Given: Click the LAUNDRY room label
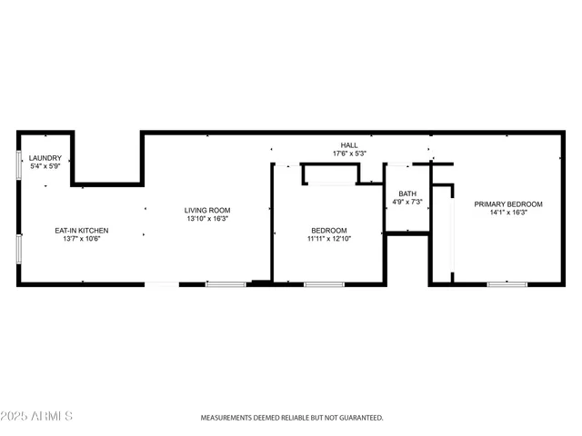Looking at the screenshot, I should [x=45, y=157].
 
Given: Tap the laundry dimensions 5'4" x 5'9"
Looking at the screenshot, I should [x=45, y=166].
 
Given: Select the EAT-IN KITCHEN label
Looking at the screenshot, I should [x=82, y=231].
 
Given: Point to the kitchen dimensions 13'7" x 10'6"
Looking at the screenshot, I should [x=82, y=240].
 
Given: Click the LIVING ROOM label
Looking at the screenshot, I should [x=207, y=210].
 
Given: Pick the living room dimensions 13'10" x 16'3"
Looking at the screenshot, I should [x=207, y=219].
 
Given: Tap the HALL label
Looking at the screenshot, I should [x=349, y=144].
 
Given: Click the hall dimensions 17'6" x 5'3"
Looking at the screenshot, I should [x=349, y=154].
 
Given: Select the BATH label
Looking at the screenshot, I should [x=406, y=193].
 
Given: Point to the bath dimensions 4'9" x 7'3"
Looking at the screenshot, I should [x=406, y=202].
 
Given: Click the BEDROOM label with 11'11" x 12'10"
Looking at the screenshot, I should [x=328, y=231].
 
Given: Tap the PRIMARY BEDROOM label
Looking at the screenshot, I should [x=508, y=203].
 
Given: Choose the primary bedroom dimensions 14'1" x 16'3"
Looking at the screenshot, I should [x=508, y=213].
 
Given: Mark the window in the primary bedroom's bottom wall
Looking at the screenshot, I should [x=507, y=284].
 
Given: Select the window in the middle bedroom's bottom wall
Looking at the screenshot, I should [x=324, y=284].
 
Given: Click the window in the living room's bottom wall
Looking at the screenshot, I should [x=225, y=284].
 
